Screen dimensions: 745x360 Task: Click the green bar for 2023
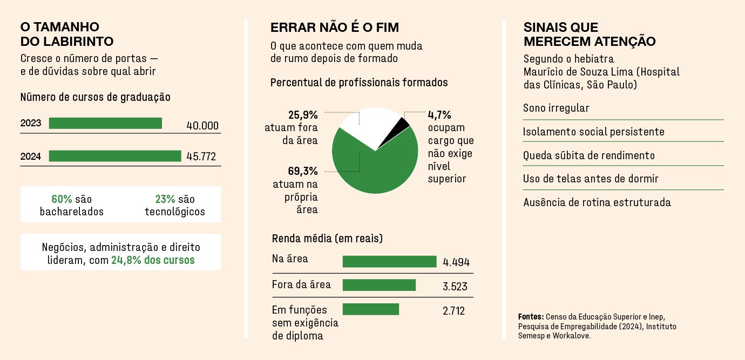click(x=105, y=123)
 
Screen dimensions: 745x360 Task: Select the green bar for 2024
click(x=115, y=156)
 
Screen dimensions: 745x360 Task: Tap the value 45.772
click(x=201, y=156)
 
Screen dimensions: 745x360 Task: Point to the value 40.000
click(x=202, y=126)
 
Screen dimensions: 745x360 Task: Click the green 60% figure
click(x=62, y=199)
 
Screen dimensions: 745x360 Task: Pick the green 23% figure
click(x=165, y=199)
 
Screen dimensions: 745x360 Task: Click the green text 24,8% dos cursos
click(x=153, y=260)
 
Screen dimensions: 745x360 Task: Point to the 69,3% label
click(x=303, y=171)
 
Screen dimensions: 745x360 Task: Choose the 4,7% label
click(x=439, y=115)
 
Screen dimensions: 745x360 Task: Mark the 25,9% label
click(x=303, y=115)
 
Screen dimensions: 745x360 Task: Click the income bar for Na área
click(x=389, y=262)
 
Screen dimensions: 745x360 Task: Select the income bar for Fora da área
click(x=379, y=285)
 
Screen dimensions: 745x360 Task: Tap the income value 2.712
click(x=453, y=311)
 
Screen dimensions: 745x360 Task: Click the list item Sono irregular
click(x=556, y=108)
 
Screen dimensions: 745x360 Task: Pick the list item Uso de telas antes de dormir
click(x=591, y=179)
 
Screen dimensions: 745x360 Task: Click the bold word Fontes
click(x=531, y=316)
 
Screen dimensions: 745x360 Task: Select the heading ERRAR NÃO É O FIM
click(x=335, y=28)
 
